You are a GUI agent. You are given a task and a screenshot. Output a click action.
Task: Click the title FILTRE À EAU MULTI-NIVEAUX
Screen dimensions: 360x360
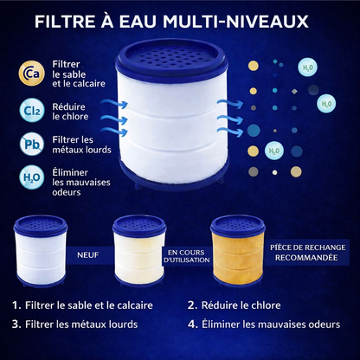180,21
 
